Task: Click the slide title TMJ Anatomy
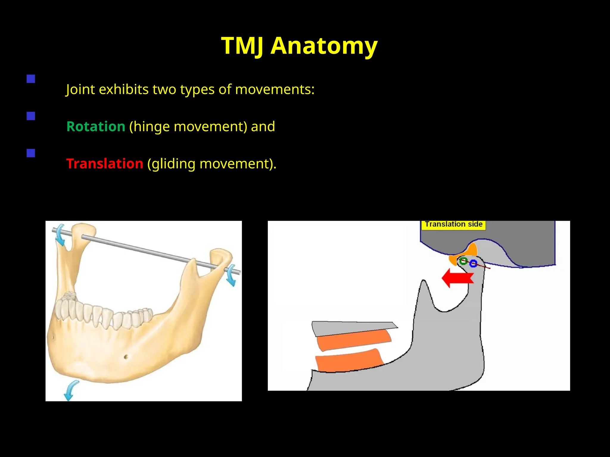299,46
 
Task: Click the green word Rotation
96,126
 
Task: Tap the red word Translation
105,164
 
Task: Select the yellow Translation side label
453,224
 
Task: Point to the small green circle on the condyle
463,261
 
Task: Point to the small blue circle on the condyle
473,263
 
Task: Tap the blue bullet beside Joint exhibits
31,79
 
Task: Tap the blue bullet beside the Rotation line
31,116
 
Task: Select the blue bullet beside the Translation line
31,153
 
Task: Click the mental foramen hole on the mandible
126,356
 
